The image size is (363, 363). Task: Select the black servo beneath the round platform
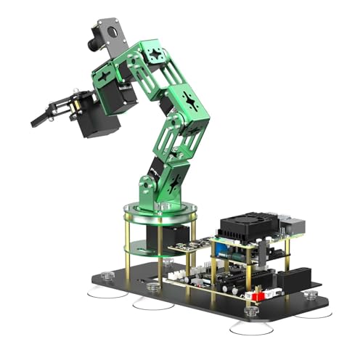[x=167, y=238]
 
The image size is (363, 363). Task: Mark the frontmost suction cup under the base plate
[x=250, y=327]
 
